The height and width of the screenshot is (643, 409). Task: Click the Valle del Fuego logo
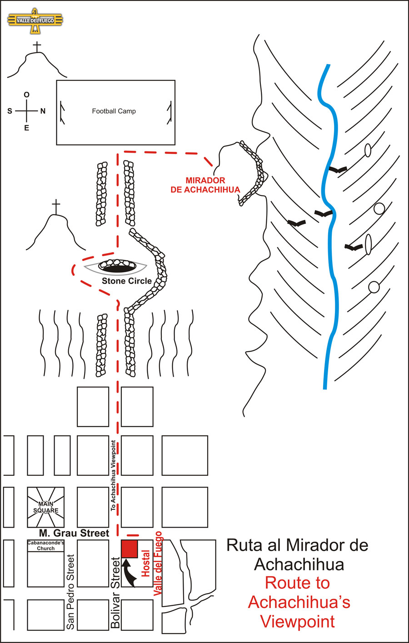click(x=35, y=20)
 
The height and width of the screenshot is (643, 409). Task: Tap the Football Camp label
click(x=114, y=111)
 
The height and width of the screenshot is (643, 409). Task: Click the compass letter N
click(x=43, y=111)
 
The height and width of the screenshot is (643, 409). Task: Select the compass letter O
click(x=27, y=95)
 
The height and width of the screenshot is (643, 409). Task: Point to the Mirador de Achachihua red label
click(x=205, y=185)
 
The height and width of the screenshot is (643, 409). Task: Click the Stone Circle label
click(x=126, y=281)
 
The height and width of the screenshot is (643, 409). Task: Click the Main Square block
click(x=45, y=507)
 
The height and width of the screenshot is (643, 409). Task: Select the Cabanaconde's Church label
click(x=45, y=545)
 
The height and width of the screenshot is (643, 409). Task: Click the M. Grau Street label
click(x=74, y=533)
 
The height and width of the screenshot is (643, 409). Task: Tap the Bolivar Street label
click(x=116, y=593)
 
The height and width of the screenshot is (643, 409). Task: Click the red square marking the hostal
click(x=129, y=549)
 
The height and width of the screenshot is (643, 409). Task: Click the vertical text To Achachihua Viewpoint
click(x=113, y=475)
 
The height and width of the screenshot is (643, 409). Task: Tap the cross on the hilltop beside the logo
click(x=37, y=47)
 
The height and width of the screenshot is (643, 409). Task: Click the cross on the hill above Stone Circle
click(x=56, y=207)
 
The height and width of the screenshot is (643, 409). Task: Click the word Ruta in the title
click(x=244, y=545)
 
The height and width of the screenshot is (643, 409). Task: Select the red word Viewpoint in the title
click(x=297, y=621)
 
